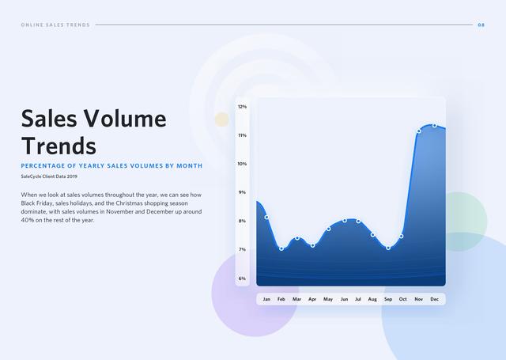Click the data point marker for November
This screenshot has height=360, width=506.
tap(418, 131)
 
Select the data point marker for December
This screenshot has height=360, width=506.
tap(435, 126)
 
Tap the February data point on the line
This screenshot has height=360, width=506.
tap(281, 248)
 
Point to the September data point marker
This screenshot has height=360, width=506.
tap(388, 248)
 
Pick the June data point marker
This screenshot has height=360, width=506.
tap(345, 221)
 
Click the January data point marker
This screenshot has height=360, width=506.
tap(266, 218)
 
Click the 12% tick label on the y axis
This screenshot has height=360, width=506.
tap(243, 107)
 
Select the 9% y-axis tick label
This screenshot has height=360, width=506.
tap(243, 192)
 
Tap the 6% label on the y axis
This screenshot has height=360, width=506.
tap(243, 279)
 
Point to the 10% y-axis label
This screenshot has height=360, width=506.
tap(243, 164)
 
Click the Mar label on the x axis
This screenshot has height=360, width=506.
tap(297, 299)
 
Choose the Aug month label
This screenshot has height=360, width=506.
tap(372, 299)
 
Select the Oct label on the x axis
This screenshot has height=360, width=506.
tap(402, 299)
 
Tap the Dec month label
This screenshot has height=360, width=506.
tap(434, 299)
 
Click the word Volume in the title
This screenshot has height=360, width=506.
tap(125, 118)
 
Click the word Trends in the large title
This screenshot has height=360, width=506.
tap(59, 146)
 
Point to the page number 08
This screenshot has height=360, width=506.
tap(481, 25)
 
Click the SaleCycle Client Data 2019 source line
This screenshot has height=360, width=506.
tap(49, 176)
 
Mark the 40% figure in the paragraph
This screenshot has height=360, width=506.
tap(27, 220)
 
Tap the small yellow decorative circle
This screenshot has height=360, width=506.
tap(222, 119)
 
